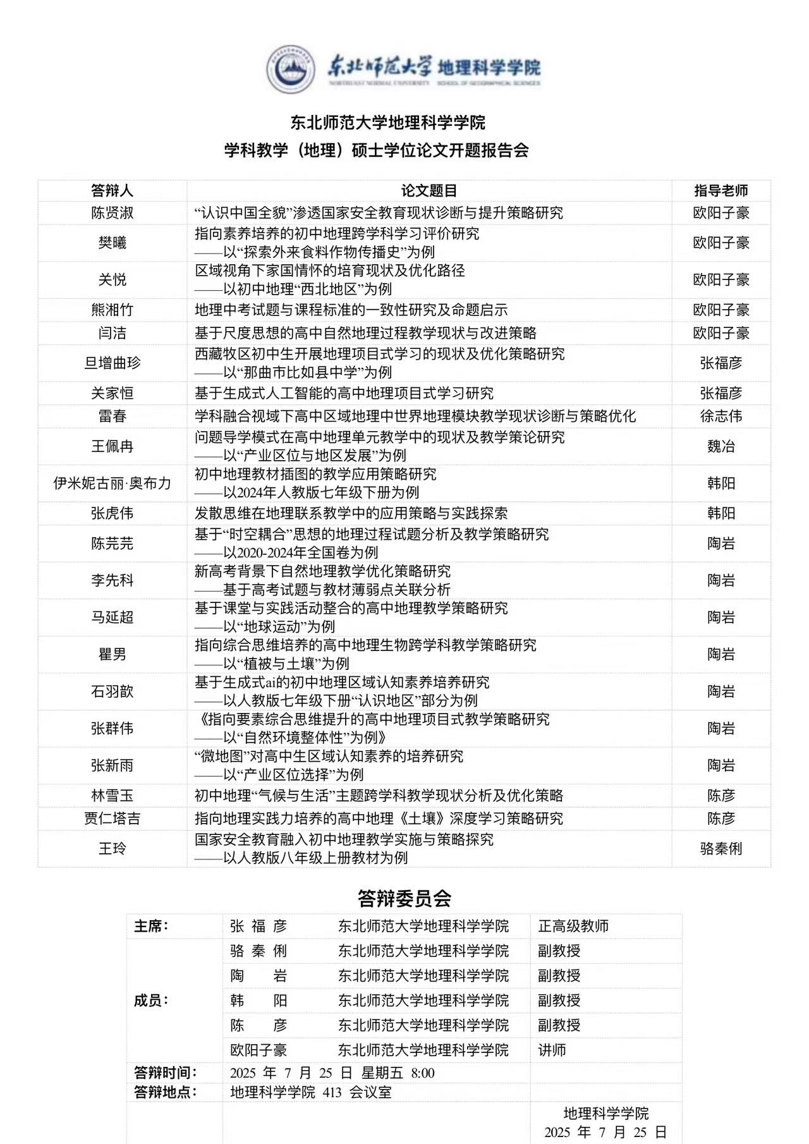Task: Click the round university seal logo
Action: coord(291,69)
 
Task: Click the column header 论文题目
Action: coord(429,190)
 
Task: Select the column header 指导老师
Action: coord(721,190)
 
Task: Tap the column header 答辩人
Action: coord(112,190)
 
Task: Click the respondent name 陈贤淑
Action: coord(112,213)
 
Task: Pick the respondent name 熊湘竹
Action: coord(112,310)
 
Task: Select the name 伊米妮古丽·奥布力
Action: coord(112,483)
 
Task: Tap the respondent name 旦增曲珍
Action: coord(112,363)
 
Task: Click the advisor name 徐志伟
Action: coord(721,416)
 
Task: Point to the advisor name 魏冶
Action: coord(721,446)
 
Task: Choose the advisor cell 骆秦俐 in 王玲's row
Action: coord(721,848)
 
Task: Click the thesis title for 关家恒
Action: coord(344,393)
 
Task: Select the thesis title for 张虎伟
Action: coord(351,513)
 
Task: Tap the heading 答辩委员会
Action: coord(404,898)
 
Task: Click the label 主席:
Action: coord(151,926)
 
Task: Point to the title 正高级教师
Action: coord(573,926)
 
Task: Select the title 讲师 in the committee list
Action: coord(552,1050)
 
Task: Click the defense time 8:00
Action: coord(422,1073)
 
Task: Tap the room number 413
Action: coord(332,1092)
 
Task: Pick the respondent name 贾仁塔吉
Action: coord(112,818)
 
